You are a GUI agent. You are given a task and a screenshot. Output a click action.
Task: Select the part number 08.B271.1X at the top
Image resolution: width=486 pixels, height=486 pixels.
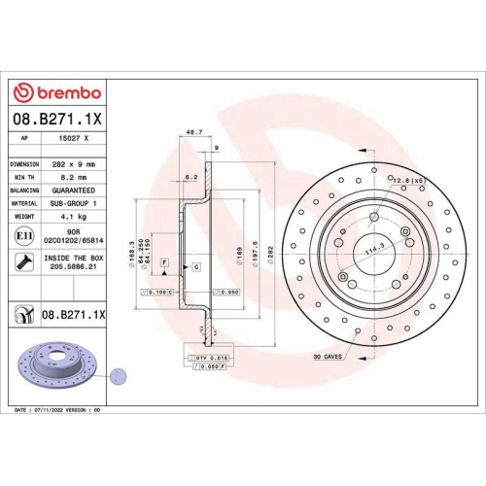pyautogui.click(x=55, y=119)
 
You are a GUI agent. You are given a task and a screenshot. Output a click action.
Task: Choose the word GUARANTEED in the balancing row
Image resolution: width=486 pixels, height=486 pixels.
pyautogui.click(x=74, y=191)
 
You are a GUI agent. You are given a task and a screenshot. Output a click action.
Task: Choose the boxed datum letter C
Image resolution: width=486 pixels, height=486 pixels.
pyautogui.click(x=195, y=265)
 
